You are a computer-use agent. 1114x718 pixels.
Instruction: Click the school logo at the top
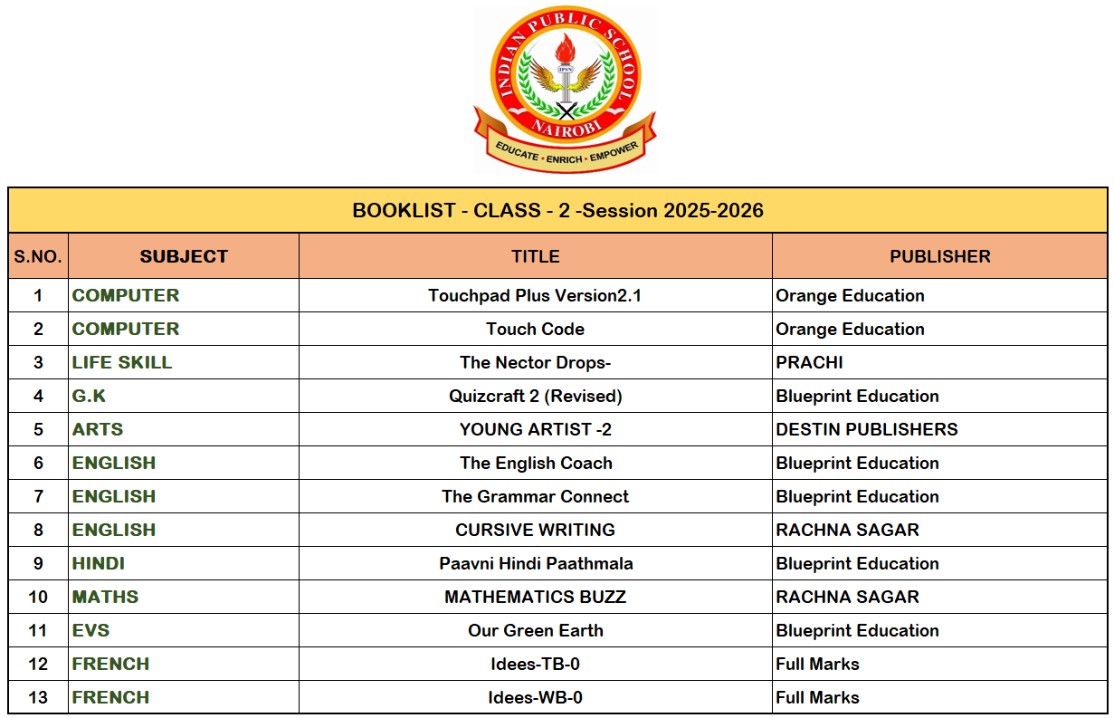point(565,89)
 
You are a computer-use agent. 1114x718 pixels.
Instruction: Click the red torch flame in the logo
point(567,49)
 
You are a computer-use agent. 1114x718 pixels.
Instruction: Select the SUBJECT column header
point(184,256)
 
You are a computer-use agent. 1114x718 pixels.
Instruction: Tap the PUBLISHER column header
point(939,256)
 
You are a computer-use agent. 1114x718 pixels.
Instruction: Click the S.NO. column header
point(38,256)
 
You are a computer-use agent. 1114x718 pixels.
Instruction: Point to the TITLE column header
point(535,256)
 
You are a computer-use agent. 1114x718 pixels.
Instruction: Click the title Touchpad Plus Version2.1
point(535,295)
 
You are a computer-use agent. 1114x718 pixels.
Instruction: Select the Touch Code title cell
point(535,329)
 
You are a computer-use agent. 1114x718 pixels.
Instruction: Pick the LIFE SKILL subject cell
point(122,362)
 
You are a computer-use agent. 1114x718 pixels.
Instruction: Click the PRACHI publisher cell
point(809,362)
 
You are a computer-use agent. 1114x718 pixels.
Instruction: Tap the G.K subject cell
point(89,396)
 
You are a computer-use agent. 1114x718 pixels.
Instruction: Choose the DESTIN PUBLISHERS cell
point(866,429)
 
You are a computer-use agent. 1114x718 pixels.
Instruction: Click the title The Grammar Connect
point(535,496)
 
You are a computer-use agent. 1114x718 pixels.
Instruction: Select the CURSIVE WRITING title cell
point(535,530)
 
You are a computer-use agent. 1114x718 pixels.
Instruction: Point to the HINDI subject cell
point(99,563)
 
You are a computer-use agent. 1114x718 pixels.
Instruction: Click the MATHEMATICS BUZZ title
point(535,597)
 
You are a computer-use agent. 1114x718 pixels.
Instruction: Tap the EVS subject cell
point(90,630)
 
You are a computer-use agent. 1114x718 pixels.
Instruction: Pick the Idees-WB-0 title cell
point(535,697)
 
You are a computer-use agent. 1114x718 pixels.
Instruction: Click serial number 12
point(38,664)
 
